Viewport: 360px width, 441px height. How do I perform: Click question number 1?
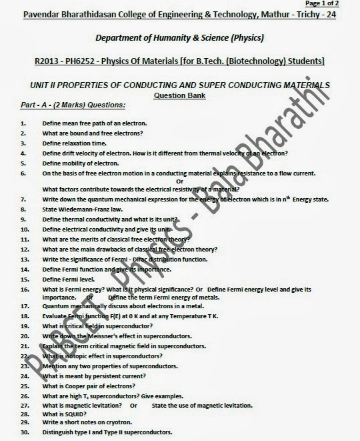pyautogui.click(x=23, y=124)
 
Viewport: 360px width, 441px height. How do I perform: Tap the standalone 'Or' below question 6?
pyautogui.click(x=179, y=181)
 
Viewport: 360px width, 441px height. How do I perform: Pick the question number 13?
pyautogui.click(x=25, y=258)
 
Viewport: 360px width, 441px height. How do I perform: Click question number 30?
pyautogui.click(x=25, y=433)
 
